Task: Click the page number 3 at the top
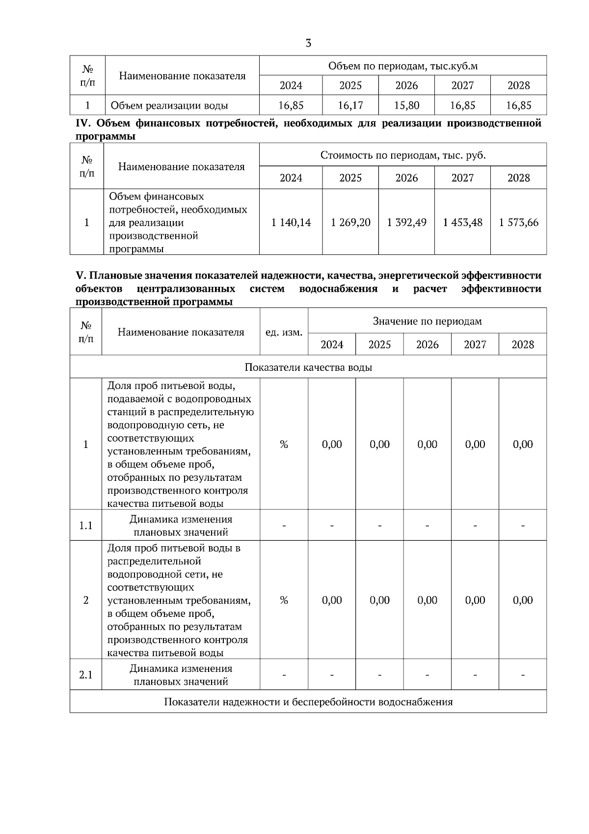coord(308,43)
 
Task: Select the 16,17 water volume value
coord(350,105)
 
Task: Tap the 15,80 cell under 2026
coord(406,105)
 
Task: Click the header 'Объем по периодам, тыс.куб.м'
coord(402,66)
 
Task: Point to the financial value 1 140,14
coord(291,222)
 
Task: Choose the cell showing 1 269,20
coord(350,222)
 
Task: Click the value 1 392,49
coord(406,222)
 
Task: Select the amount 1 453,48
coord(462,222)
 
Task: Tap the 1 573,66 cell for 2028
coord(518,222)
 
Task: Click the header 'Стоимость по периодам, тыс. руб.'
coord(402,155)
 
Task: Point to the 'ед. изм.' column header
coord(284,333)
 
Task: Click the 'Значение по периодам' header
coord(427,321)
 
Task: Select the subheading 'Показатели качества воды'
coord(308,367)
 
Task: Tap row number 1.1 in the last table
coord(86,526)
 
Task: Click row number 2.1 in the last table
coord(86,675)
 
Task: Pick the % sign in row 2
coord(284,600)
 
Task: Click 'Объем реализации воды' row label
coord(169,105)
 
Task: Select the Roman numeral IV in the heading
coord(81,123)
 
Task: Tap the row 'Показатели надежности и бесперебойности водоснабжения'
coord(308,701)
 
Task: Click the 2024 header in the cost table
coord(291,178)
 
